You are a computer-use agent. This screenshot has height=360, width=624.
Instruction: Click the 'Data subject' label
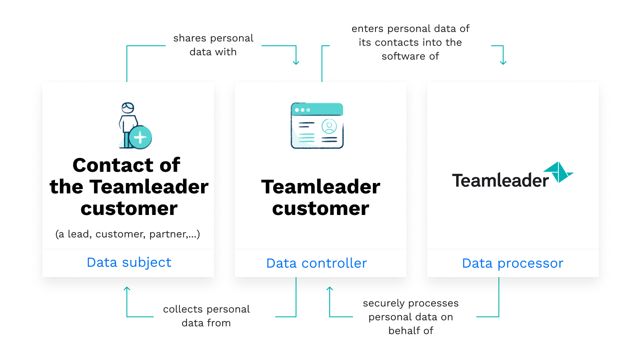(x=129, y=262)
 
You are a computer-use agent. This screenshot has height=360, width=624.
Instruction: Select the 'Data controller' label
(x=316, y=263)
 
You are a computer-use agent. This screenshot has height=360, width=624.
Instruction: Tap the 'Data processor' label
(x=513, y=263)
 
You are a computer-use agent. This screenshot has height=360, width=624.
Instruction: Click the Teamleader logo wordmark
(x=500, y=180)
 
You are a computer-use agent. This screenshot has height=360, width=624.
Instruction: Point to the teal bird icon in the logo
(x=558, y=172)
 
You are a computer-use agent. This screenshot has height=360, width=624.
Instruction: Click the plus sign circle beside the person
(x=140, y=137)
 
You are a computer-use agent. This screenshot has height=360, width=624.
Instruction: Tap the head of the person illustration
(x=128, y=108)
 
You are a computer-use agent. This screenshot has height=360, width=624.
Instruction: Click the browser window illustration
(x=317, y=125)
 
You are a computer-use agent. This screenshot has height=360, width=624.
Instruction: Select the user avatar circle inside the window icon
(x=329, y=126)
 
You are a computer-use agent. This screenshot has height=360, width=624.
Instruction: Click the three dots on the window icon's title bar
(x=303, y=110)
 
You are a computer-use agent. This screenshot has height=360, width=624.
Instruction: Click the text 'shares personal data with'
(x=213, y=45)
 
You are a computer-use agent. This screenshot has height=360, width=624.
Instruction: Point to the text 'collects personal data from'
(x=206, y=316)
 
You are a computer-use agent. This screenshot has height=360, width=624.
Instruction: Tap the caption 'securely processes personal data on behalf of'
(x=411, y=317)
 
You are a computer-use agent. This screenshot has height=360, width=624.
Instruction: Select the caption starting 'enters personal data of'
(x=410, y=42)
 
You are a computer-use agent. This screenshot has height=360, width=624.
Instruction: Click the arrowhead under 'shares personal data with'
(x=296, y=63)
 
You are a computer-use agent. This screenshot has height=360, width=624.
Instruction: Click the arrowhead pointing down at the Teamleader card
(x=503, y=63)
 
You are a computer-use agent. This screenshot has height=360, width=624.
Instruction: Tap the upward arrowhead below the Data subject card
(x=127, y=289)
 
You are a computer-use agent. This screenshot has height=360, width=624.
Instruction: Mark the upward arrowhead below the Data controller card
(x=330, y=289)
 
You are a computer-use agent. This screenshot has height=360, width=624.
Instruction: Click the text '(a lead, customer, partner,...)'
(x=128, y=234)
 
